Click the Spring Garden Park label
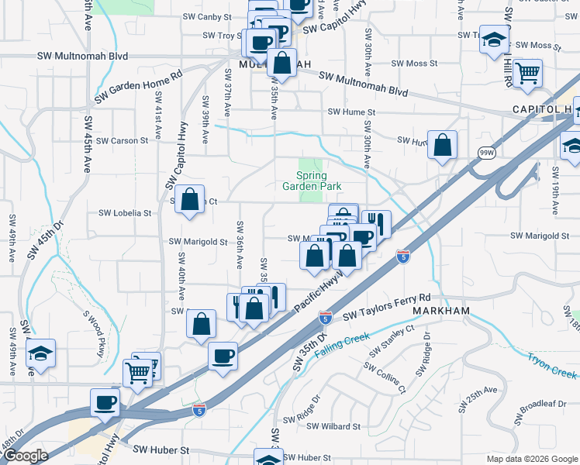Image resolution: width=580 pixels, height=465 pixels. click(x=311, y=181)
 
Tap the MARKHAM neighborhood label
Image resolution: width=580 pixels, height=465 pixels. click(x=441, y=310)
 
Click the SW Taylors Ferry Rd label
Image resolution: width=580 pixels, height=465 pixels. click(x=385, y=306)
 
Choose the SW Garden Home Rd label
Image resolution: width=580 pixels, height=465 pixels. click(x=138, y=86)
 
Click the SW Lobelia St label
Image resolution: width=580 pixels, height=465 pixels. click(x=124, y=212)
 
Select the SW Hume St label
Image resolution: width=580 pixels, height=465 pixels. click(x=351, y=112)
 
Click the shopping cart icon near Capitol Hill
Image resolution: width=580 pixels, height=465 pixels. click(x=527, y=73)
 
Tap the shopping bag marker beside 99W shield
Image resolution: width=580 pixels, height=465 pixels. click(x=442, y=146)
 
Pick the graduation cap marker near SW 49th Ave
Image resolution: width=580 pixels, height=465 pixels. click(x=40, y=353)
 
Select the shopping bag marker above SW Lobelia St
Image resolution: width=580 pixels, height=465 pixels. click(x=190, y=200)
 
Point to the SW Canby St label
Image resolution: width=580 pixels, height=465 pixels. click(x=207, y=16)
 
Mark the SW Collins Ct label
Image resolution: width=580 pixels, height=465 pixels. click(x=388, y=379)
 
